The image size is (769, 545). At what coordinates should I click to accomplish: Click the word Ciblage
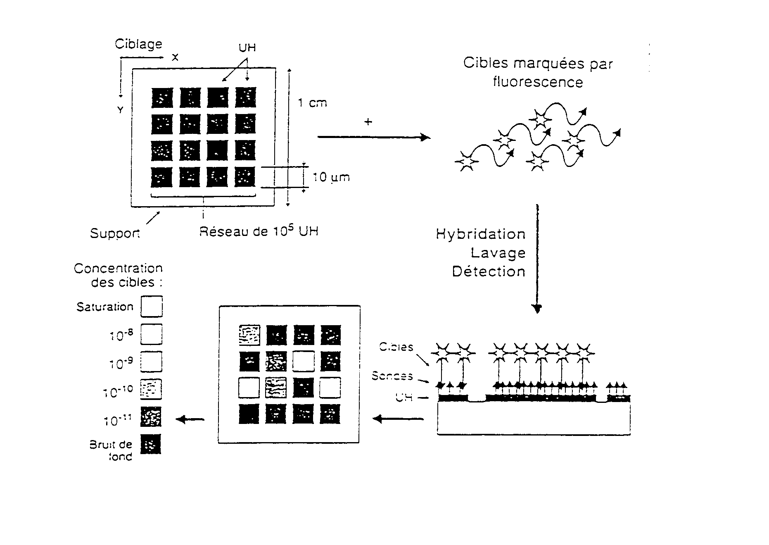138,44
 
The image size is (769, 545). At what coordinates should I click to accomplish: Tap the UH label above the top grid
247,48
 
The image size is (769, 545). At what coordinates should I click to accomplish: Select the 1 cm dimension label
312,102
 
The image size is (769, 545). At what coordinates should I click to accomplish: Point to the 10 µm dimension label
331,177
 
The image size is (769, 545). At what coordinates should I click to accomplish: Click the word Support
115,233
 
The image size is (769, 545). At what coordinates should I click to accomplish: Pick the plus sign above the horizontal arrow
368,122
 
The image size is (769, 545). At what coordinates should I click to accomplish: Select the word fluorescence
538,82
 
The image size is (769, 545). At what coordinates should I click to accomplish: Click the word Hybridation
480,234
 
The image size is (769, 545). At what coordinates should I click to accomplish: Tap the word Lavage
498,253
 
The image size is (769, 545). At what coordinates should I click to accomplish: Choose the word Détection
489,271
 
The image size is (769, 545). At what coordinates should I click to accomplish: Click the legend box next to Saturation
151,306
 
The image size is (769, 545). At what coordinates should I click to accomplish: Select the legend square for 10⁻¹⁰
151,389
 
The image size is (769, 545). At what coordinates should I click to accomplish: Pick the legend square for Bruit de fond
151,445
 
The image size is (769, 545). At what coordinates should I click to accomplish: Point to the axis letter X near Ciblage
175,58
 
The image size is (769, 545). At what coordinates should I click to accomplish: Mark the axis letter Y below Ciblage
120,110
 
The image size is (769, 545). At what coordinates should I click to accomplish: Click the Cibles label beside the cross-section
396,347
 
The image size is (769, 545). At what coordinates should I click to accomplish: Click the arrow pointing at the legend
190,419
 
